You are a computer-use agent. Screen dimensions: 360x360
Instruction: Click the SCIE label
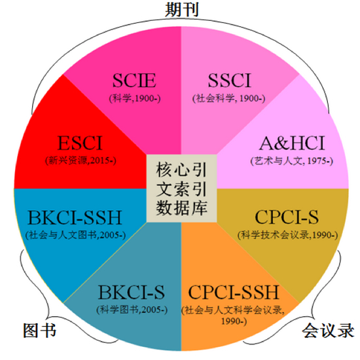tap(134, 81)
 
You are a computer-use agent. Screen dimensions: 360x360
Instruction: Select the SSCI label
tap(230, 81)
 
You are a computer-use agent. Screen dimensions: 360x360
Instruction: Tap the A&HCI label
tap(292, 143)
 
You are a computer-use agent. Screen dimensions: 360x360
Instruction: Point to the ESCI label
tap(80, 143)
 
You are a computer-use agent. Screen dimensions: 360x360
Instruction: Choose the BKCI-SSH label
tap(75, 217)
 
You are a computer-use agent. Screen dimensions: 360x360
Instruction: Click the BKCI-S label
tap(132, 292)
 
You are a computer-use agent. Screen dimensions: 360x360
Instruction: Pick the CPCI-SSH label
tap(234, 292)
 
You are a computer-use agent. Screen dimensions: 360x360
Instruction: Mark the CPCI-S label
tap(287, 217)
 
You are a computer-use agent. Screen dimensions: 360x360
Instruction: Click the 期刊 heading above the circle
tap(181, 10)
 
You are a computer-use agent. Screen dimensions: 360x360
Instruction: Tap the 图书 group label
tap(39, 331)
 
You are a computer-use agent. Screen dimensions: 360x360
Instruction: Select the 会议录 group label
tap(328, 331)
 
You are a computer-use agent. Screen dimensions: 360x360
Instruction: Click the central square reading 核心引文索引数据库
tap(181, 189)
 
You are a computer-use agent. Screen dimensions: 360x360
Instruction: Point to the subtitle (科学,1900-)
tap(135, 98)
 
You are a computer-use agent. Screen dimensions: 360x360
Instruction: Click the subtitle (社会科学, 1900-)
tap(229, 98)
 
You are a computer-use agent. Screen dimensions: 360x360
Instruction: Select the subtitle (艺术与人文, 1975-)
tap(291, 161)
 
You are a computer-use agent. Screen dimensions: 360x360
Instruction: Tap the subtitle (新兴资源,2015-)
tap(81, 160)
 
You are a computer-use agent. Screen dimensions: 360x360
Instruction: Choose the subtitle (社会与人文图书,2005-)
tap(75, 235)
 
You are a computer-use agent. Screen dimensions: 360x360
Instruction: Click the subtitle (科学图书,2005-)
tap(132, 310)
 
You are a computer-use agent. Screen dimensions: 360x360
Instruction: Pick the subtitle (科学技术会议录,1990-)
tap(288, 235)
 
